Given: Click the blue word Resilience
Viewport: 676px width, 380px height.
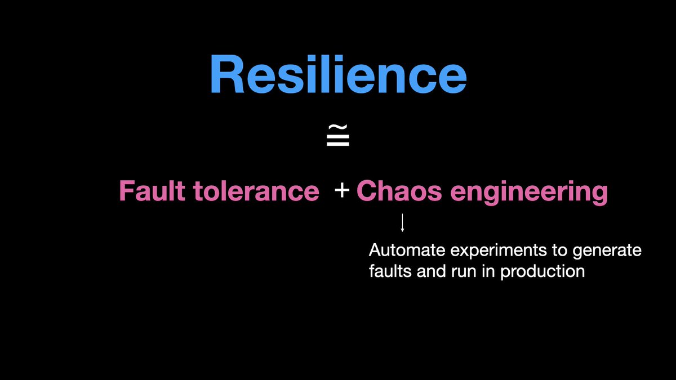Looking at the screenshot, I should coord(338,74).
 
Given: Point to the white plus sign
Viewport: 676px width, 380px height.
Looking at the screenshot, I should coord(341,192).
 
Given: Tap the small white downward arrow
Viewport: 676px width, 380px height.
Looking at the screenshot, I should coord(402,223).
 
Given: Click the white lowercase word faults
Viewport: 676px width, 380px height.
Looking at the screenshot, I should coord(390,271).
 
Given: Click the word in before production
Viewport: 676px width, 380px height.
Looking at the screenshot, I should coord(490,271).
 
